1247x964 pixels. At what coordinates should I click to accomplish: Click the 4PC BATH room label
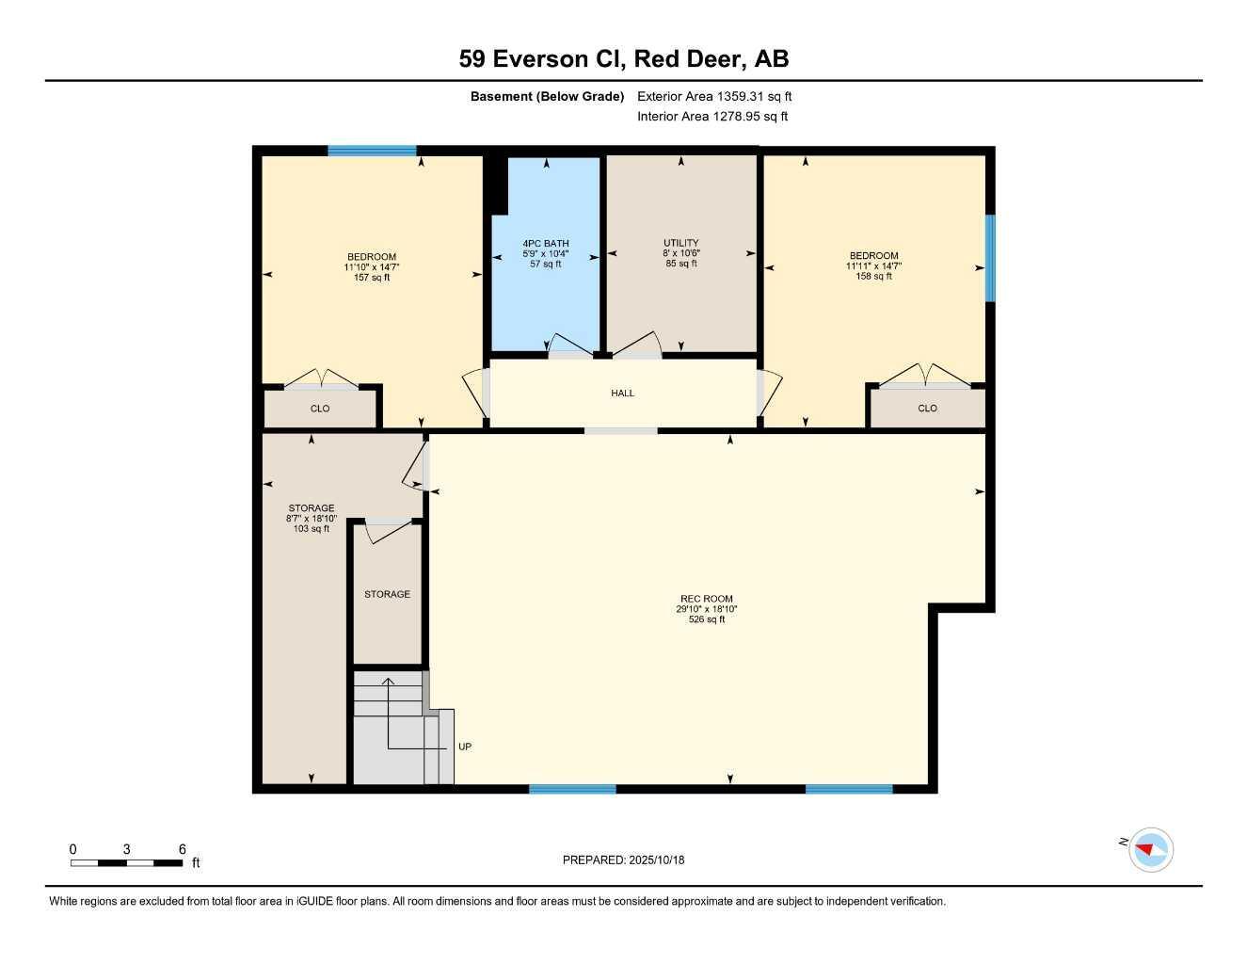point(546,243)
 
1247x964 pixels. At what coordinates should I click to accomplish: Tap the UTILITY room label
point(681,243)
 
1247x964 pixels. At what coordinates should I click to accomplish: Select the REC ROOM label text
point(707,599)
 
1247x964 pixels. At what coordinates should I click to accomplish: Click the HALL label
point(623,394)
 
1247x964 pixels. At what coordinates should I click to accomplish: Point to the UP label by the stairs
point(465,747)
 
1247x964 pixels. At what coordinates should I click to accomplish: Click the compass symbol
point(1150,850)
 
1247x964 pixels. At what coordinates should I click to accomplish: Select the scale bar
point(127,862)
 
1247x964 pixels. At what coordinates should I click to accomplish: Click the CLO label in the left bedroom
point(320,409)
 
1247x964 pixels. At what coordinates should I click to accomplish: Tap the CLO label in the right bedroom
point(928,409)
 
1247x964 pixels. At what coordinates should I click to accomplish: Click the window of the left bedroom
point(372,151)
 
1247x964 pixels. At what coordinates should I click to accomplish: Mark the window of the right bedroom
point(990,258)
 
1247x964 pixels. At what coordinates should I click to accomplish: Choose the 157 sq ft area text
point(372,278)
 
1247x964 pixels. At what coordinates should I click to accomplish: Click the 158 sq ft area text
point(873,277)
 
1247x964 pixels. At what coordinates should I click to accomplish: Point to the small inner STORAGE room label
point(387,594)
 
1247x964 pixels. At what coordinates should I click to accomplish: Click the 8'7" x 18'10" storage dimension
point(311,519)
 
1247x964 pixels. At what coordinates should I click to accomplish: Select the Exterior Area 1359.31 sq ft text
point(714,96)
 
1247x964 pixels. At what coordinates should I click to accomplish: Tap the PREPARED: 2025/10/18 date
point(623,860)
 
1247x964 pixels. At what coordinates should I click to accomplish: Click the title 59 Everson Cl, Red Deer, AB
point(623,58)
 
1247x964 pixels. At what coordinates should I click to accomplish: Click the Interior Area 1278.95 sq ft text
point(712,117)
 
